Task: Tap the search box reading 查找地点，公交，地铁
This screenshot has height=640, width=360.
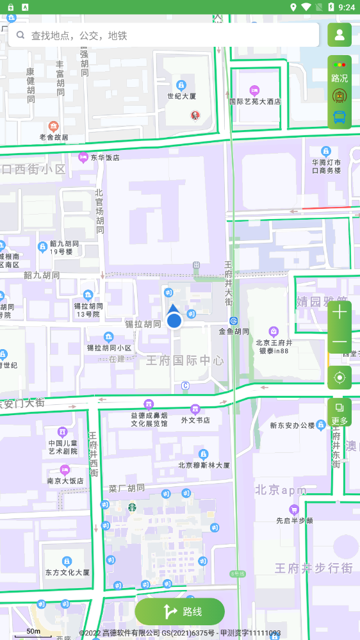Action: [163, 35]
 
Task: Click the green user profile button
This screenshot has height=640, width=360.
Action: [340, 35]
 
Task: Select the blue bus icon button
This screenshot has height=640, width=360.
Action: [340, 117]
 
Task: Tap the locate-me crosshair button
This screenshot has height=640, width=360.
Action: [340, 377]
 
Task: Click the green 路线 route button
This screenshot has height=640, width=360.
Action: [179, 611]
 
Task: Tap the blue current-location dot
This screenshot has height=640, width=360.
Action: [174, 320]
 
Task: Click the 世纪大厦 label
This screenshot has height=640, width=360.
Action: [181, 96]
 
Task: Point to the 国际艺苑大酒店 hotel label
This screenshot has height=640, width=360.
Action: [255, 101]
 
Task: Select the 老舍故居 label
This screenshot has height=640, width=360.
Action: [54, 136]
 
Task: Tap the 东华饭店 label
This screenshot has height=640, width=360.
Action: [104, 157]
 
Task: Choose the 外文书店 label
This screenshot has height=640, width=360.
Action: [195, 420]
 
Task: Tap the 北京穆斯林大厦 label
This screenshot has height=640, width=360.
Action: [204, 465]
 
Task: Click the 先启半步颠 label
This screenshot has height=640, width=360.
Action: [294, 520]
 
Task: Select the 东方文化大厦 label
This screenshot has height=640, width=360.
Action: [67, 572]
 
